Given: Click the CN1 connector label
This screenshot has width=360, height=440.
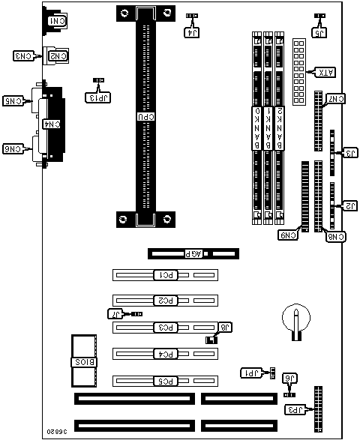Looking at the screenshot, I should [55, 20].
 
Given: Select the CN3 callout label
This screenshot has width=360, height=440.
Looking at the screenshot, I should [23, 55].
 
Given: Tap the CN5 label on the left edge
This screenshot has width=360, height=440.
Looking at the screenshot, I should [14, 100].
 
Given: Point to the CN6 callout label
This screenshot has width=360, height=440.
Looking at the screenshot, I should [14, 148].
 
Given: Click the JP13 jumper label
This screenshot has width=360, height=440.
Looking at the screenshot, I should [97, 96].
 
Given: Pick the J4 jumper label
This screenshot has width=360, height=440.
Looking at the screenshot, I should [192, 32].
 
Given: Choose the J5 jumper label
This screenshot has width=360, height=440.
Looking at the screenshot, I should [320, 32].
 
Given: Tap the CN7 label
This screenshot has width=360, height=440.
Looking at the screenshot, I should [336, 98].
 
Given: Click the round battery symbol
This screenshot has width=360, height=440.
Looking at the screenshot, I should [295, 321].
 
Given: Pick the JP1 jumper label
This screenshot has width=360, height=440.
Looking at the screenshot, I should [250, 373].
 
